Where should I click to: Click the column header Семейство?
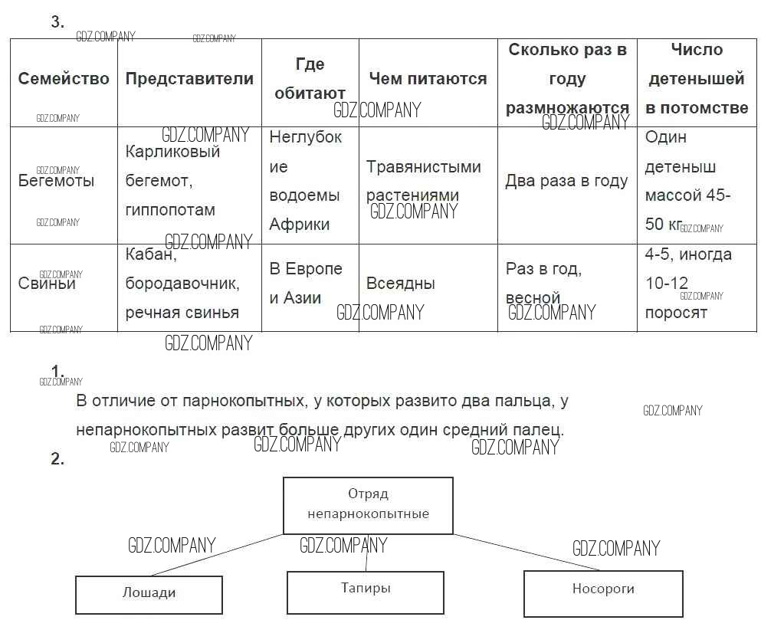coord(64,79)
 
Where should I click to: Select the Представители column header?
coord(189,79)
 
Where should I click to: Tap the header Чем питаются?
coord(428,79)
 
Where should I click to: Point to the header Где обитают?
coord(310,79)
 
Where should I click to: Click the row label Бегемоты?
coord(57,182)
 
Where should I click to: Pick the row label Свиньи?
coord(48,284)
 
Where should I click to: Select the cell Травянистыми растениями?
coord(423,181)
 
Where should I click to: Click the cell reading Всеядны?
coord(400,284)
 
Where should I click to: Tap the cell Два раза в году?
coord(566,182)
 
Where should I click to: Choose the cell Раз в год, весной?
coord(543,283)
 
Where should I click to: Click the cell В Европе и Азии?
coord(306,284)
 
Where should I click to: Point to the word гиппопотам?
coord(170,210)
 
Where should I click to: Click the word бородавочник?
coord(182,284)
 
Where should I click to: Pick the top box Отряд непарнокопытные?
coord(368,504)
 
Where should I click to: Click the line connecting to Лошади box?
coord(218,554)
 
